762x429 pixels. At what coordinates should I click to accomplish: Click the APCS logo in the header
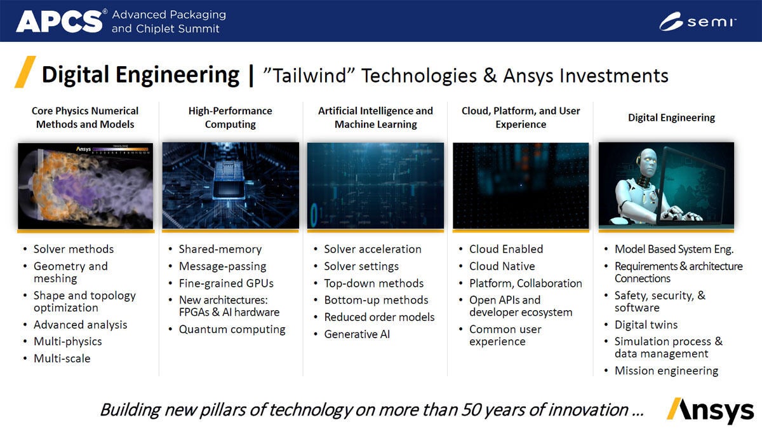tap(59, 21)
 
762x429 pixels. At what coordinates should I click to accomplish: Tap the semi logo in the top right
tap(697, 22)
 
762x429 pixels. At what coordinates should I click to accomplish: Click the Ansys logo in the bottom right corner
tap(711, 411)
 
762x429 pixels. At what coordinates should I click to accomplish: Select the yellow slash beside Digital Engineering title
tap(25, 72)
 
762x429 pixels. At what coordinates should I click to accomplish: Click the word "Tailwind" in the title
tap(309, 76)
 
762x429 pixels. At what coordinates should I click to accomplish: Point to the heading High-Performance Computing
tap(231, 118)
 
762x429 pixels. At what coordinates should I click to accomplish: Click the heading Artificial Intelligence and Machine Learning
tap(375, 118)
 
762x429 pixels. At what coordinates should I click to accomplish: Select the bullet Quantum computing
tap(232, 329)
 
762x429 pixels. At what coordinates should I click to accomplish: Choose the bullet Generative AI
tap(357, 334)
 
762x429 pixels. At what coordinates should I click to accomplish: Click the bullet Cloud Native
tap(502, 266)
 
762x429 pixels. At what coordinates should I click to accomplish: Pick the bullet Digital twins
tap(646, 325)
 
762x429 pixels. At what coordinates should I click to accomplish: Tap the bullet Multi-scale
tap(62, 358)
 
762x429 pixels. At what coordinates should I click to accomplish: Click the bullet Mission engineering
tap(666, 371)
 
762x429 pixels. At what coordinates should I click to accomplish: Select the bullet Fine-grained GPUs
tap(226, 283)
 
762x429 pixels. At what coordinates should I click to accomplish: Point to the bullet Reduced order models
tap(379, 317)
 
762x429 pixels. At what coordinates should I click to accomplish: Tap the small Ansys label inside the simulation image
tap(83, 149)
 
